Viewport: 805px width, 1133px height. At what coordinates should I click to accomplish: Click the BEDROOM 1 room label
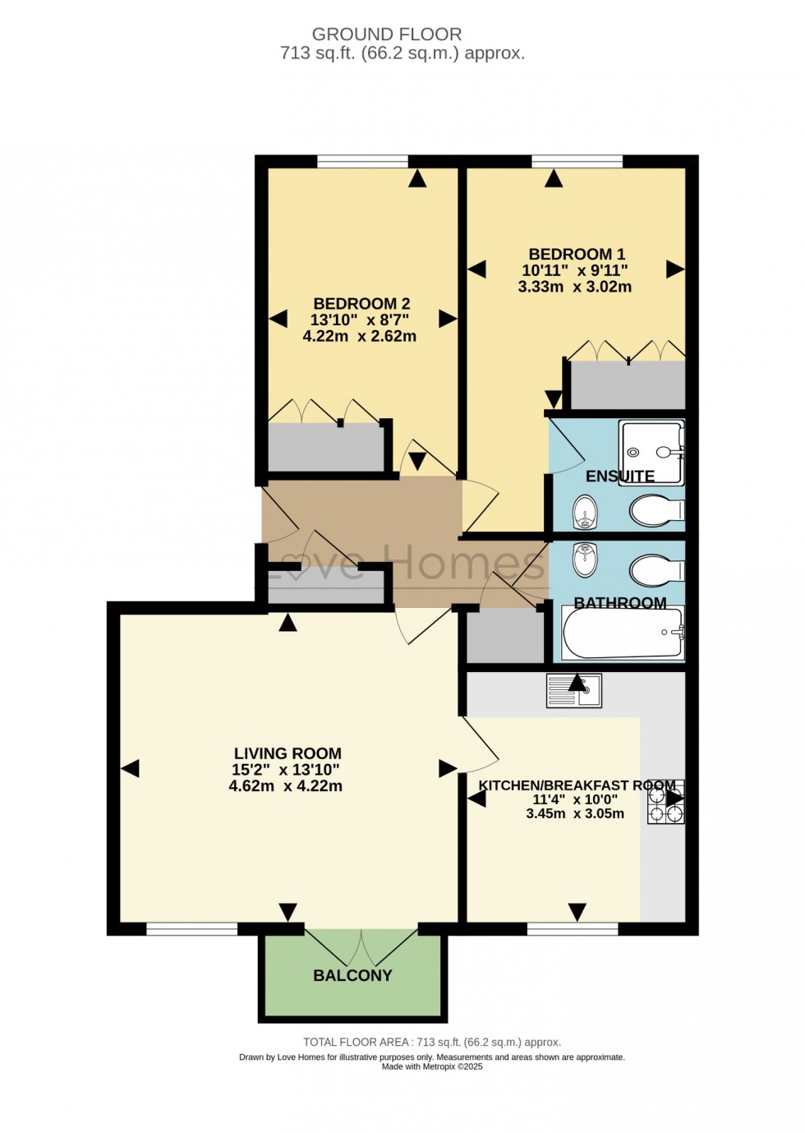(576, 255)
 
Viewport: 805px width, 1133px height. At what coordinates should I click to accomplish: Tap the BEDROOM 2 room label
(361, 304)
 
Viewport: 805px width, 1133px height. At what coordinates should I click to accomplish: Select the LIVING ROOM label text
(287, 753)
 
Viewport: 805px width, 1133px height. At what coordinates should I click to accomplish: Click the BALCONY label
(352, 975)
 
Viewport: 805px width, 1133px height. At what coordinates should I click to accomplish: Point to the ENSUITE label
(619, 477)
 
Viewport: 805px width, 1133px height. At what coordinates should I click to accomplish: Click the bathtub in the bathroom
(623, 633)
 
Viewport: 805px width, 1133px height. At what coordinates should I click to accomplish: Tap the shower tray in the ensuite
(651, 451)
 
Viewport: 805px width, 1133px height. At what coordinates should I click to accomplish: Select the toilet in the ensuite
(656, 510)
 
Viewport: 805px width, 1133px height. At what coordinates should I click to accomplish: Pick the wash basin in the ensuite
(585, 512)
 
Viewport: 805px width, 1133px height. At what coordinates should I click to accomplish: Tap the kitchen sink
(574, 691)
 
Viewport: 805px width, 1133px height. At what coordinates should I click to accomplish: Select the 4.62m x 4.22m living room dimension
(286, 786)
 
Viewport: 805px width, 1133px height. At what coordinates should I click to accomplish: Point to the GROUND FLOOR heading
(387, 35)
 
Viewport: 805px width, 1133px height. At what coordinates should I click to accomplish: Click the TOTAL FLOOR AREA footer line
(432, 1042)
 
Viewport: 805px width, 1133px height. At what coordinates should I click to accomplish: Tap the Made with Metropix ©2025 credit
(432, 1066)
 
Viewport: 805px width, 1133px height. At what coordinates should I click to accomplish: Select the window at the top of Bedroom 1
(577, 161)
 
